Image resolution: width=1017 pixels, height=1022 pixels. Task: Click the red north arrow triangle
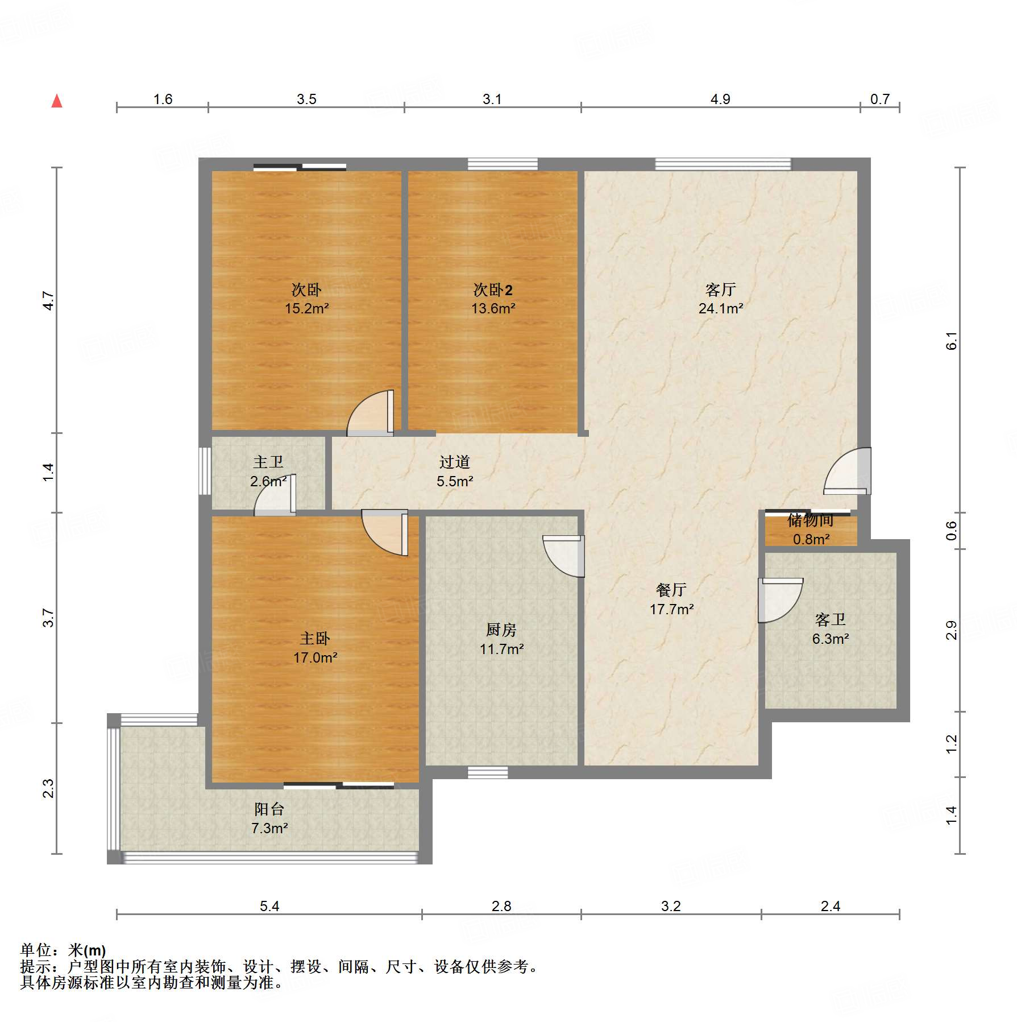coord(57,102)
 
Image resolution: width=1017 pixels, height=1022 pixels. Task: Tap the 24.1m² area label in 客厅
coord(720,309)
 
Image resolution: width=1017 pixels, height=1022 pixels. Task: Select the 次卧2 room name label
coord(492,290)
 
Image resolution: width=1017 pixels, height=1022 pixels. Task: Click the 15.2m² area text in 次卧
coord(306,309)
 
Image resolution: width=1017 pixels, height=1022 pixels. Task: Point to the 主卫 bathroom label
coord(268,462)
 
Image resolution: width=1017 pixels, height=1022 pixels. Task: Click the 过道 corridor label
coord(454,462)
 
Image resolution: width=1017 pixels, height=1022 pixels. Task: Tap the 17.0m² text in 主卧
coord(315,658)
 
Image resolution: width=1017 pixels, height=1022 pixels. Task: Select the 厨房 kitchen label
coord(501,630)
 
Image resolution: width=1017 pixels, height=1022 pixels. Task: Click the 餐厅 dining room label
coord(671,590)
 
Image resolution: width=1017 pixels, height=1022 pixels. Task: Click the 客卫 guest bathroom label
coord(830,619)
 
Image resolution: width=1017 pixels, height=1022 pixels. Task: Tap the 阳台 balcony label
coord(269,809)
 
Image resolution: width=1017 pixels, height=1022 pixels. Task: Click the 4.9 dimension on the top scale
coord(720,100)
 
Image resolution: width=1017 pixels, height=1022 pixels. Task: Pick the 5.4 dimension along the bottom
coord(269,906)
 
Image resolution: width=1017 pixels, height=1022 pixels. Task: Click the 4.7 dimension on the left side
coord(49,300)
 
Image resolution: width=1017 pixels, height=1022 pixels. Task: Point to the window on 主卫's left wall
coord(205,471)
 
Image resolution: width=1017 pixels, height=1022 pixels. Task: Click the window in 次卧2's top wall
coord(503,164)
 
